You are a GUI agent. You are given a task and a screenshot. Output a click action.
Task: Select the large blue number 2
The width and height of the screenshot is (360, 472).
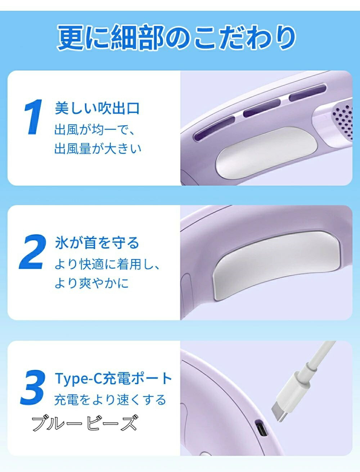[33, 252]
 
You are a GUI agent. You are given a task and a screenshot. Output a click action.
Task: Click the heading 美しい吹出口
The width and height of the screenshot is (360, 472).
[97, 108]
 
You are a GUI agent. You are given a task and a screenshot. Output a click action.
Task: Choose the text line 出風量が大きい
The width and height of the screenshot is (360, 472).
[98, 148]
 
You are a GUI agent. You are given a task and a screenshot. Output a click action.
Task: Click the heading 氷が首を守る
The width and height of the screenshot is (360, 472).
[97, 243]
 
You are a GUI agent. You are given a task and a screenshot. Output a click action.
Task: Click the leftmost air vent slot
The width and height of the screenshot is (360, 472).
[214, 128]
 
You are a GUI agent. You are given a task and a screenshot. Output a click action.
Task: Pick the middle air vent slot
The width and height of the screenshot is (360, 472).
[262, 108]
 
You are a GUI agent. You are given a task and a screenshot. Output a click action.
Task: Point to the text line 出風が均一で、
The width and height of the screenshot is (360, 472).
[95, 130]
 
